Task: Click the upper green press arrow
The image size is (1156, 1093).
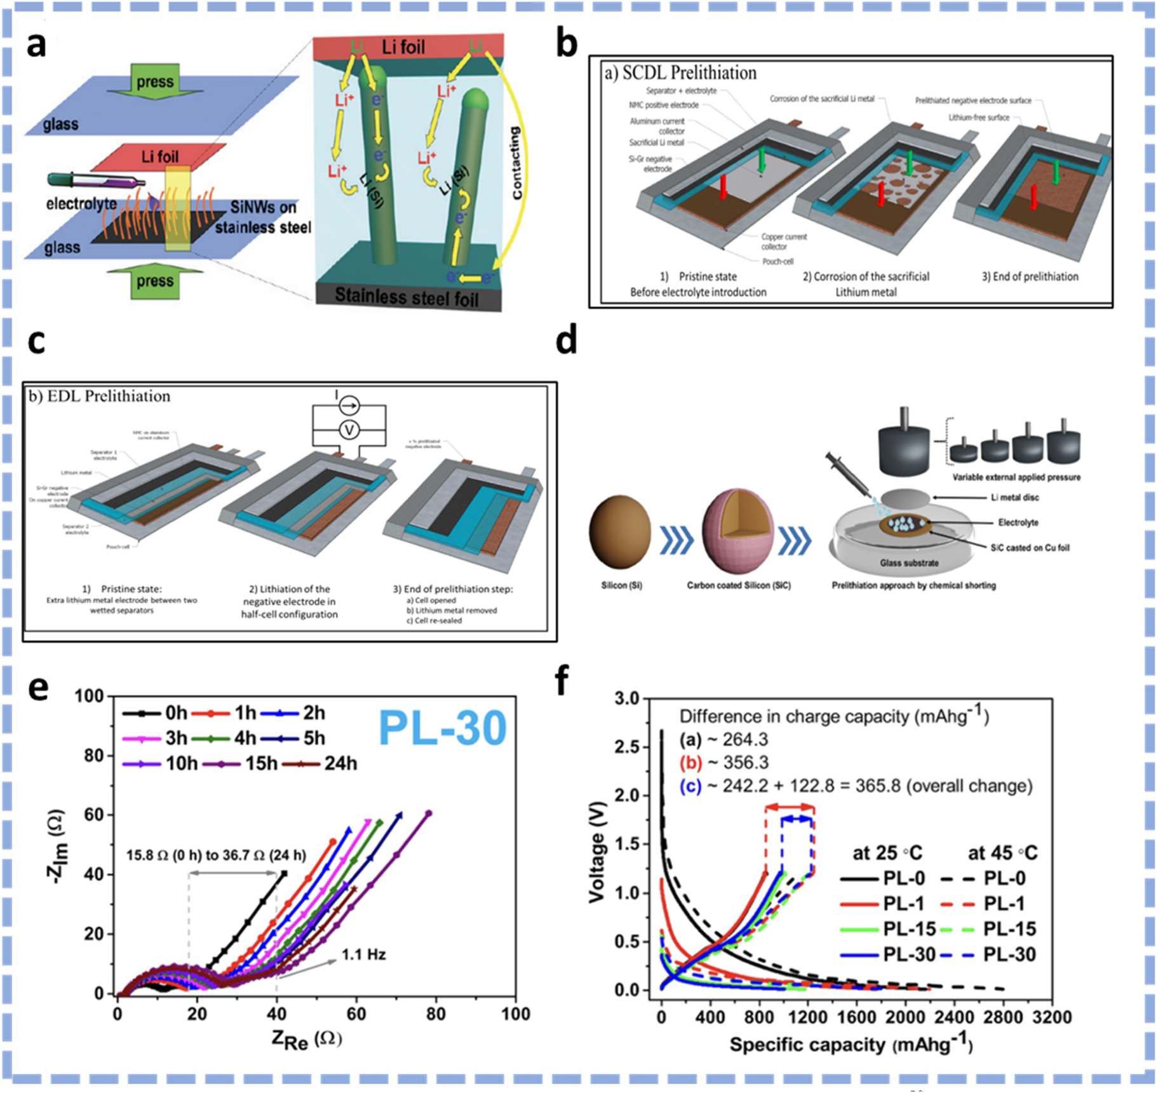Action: (155, 81)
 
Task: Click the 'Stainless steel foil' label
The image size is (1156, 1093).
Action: (407, 297)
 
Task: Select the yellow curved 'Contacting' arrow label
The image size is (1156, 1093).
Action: (516, 163)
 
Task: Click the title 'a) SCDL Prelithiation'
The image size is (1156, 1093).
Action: (680, 73)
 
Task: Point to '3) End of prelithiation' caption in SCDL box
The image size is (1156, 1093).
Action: (1030, 276)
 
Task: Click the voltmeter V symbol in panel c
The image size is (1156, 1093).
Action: (349, 430)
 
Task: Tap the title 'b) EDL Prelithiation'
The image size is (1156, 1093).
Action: (100, 397)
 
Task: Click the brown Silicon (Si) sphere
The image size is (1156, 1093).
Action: (621, 533)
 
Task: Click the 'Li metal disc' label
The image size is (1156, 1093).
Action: (1014, 498)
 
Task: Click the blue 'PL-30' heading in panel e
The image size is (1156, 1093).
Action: (442, 728)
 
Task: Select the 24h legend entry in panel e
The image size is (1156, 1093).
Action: (324, 763)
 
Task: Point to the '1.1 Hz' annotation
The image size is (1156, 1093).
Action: (363, 954)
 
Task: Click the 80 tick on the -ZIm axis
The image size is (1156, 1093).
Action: (94, 756)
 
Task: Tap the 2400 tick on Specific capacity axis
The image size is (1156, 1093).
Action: (953, 1017)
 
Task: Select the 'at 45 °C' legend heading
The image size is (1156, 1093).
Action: (1002, 853)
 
